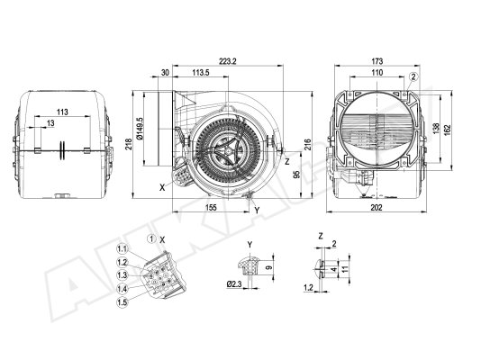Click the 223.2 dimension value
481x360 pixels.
tap(228, 61)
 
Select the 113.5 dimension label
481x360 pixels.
tap(201, 73)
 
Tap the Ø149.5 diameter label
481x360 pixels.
tap(140, 129)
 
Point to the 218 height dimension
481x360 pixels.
tap(129, 144)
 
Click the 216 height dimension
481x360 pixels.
tap(308, 144)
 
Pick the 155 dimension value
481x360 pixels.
tap(211, 207)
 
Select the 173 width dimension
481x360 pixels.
tap(377, 61)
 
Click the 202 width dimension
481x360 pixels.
tap(377, 207)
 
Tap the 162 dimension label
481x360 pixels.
tap(448, 129)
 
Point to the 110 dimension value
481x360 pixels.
tap(377, 73)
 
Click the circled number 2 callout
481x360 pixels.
tap(413, 76)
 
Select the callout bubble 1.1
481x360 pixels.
tap(123, 248)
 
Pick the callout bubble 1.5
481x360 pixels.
tap(123, 302)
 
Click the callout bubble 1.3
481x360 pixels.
tap(123, 275)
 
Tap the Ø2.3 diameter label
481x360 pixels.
tap(234, 284)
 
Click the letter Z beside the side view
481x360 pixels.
tap(287, 161)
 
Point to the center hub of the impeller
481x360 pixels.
tap(227, 151)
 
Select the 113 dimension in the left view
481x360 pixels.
tap(62, 112)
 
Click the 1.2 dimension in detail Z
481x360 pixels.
tap(308, 288)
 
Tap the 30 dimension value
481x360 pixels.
tap(165, 73)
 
